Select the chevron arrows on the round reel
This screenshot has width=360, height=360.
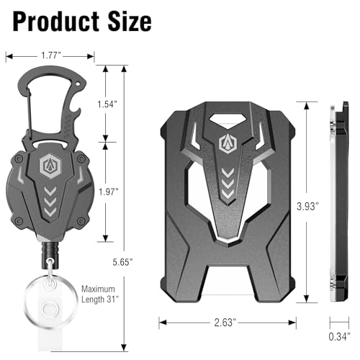click(50, 195)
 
